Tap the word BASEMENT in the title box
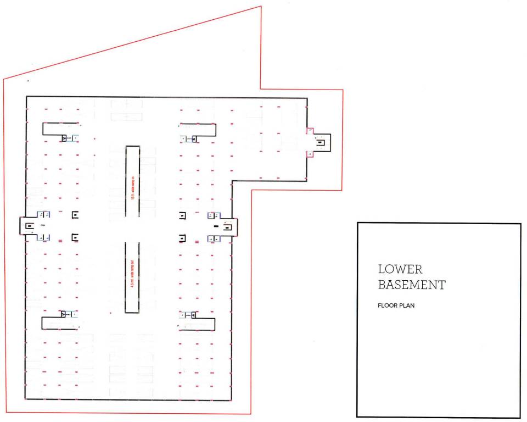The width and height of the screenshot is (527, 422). (412, 285)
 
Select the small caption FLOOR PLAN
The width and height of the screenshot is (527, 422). (396, 306)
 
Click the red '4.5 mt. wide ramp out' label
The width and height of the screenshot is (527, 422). (132, 277)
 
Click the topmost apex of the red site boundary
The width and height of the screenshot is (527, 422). (260, 7)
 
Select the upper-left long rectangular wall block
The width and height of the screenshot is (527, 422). (61, 129)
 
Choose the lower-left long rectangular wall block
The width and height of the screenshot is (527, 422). (61, 323)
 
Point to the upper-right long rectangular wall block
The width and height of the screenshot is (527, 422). (198, 129)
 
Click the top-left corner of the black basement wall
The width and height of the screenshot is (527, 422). (26, 97)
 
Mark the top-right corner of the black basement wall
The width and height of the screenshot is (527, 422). (307, 98)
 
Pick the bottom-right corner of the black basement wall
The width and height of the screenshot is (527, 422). (231, 401)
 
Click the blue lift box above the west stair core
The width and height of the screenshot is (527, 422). (43, 214)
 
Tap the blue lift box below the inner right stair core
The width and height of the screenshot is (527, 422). (213, 238)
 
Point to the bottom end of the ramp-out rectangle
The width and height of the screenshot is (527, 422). (132, 312)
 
